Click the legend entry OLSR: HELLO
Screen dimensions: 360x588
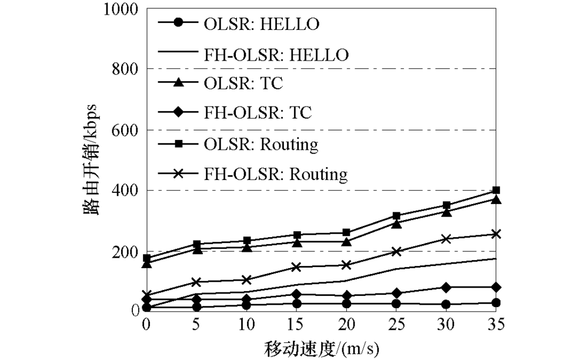pyautogui.click(x=262, y=24)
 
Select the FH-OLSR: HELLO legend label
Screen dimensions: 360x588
pyautogui.click(x=276, y=54)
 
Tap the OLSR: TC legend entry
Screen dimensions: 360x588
pyautogui.click(x=243, y=84)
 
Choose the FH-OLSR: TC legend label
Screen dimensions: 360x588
pyautogui.click(x=258, y=114)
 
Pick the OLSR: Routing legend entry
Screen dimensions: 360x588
pyautogui.click(x=261, y=144)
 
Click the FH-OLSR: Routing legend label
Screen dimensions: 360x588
pyautogui.click(x=275, y=174)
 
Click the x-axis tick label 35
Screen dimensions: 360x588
pyautogui.click(x=496, y=325)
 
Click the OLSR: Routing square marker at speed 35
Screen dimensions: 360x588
pyautogui.click(x=496, y=190)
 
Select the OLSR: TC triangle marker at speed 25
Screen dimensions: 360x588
pyautogui.click(x=396, y=224)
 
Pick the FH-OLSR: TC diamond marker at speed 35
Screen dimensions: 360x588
pyautogui.click(x=496, y=287)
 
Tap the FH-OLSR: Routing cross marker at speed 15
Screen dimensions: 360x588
pyautogui.click(x=296, y=267)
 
